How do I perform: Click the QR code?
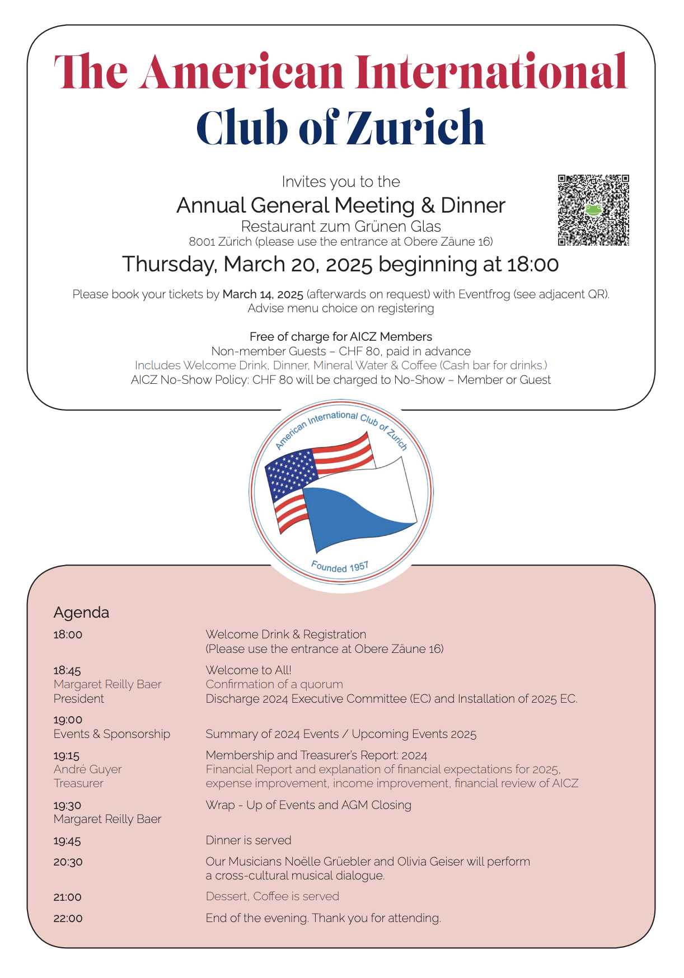(593, 210)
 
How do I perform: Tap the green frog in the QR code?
(593, 210)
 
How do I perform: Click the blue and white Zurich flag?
(358, 506)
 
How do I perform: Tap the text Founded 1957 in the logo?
(340, 567)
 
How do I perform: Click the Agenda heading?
(81, 612)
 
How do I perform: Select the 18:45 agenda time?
(67, 670)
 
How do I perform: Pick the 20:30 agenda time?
(68, 862)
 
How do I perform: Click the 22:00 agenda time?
(68, 919)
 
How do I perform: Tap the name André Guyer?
(87, 769)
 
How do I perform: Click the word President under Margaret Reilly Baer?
(79, 699)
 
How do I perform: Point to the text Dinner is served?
(249, 840)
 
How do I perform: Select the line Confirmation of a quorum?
(274, 684)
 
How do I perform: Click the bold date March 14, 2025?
(263, 294)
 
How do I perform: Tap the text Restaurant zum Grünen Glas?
(341, 226)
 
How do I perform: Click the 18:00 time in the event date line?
(532, 264)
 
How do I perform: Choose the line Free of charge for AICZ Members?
(341, 337)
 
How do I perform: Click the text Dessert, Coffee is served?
(273, 896)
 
